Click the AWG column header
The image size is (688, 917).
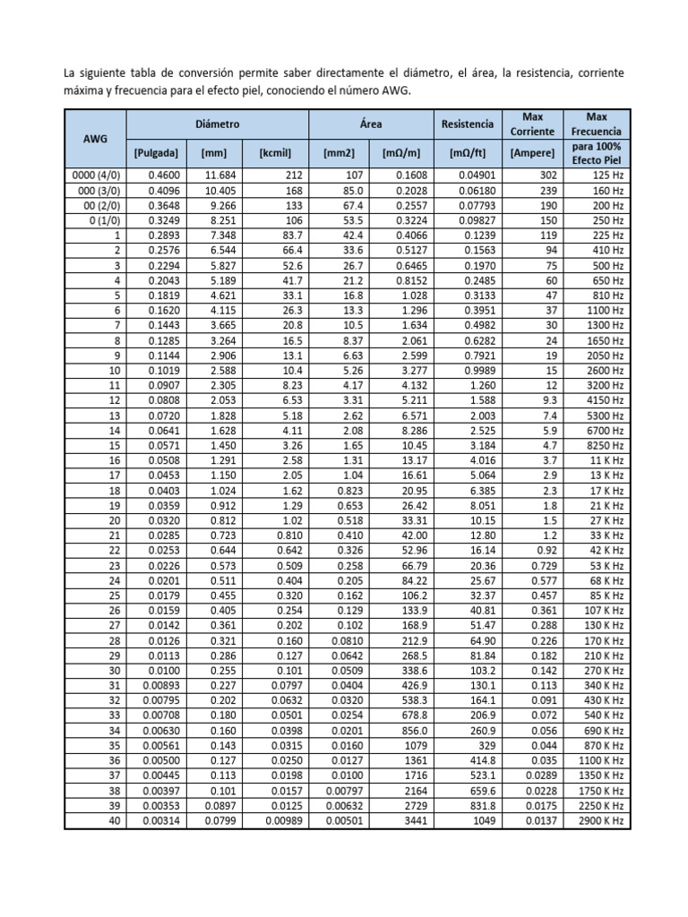pyautogui.click(x=95, y=138)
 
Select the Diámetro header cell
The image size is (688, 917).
pyautogui.click(x=218, y=124)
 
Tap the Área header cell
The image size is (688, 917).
pyautogui.click(x=371, y=124)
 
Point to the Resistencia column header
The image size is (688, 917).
pyautogui.click(x=466, y=124)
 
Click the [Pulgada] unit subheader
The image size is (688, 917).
pyautogui.click(x=157, y=153)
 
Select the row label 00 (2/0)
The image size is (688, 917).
pyautogui.click(x=100, y=205)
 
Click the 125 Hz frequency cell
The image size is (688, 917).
pyautogui.click(x=608, y=176)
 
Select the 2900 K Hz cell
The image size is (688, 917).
pyautogui.click(x=601, y=819)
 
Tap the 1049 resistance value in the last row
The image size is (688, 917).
pyautogui.click(x=484, y=819)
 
